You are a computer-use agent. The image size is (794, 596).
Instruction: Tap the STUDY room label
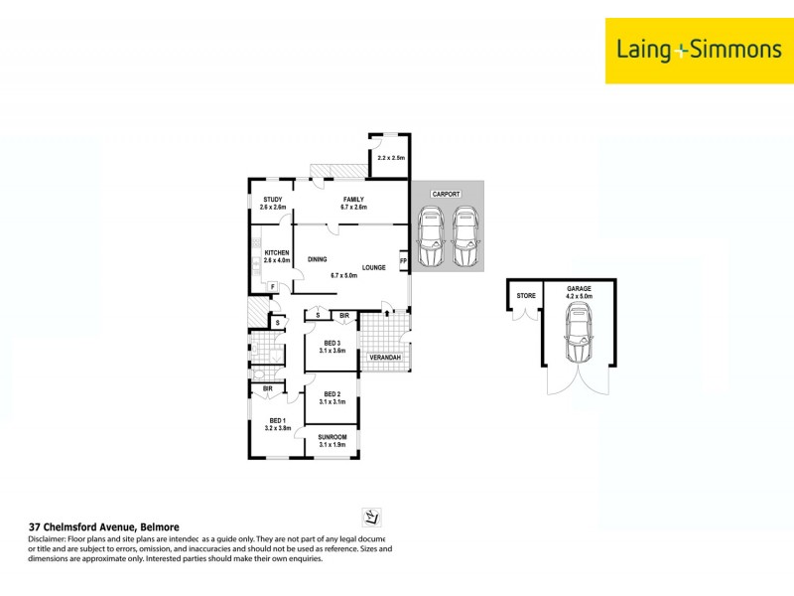(272, 200)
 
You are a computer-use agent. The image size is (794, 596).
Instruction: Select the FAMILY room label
(353, 200)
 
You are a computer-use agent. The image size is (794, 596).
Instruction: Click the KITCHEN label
(276, 253)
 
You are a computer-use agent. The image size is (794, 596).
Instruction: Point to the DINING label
(317, 259)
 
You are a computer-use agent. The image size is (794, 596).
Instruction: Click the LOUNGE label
(373, 267)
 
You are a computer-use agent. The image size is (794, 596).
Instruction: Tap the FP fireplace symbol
(403, 262)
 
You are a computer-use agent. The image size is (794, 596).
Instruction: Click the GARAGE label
(579, 288)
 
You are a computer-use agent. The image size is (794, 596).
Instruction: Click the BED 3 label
(331, 343)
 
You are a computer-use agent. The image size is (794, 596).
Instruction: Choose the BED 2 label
(331, 394)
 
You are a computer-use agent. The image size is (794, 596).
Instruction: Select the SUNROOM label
(331, 437)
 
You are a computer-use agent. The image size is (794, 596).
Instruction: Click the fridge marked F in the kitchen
(272, 287)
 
